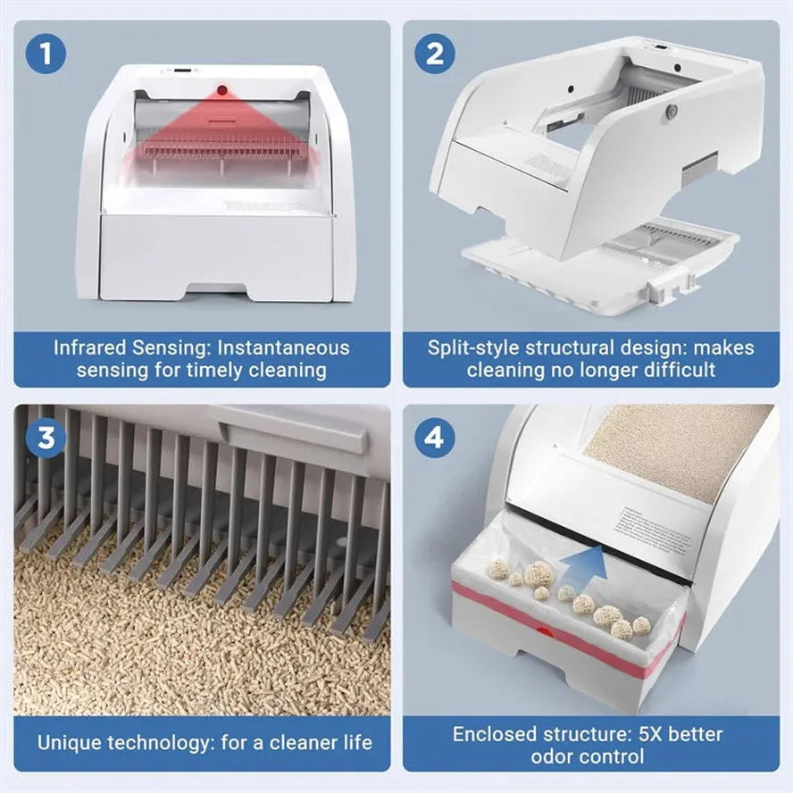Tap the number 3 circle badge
point(46,438)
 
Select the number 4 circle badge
point(435,438)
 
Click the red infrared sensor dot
point(221,90)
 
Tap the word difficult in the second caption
point(674,369)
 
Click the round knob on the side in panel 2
point(672,111)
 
